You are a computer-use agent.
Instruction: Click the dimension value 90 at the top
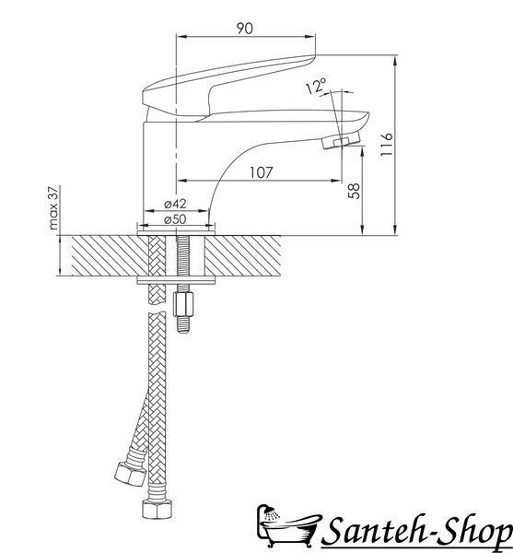click(244, 29)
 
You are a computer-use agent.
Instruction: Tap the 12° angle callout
click(316, 86)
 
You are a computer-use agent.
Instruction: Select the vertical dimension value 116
click(387, 145)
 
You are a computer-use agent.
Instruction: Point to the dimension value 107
click(262, 172)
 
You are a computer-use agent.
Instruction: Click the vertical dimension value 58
click(354, 191)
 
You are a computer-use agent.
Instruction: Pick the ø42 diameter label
click(175, 204)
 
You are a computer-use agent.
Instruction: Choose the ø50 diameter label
click(175, 219)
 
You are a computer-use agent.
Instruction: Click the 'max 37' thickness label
click(53, 207)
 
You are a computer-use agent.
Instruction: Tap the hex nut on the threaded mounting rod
click(183, 304)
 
